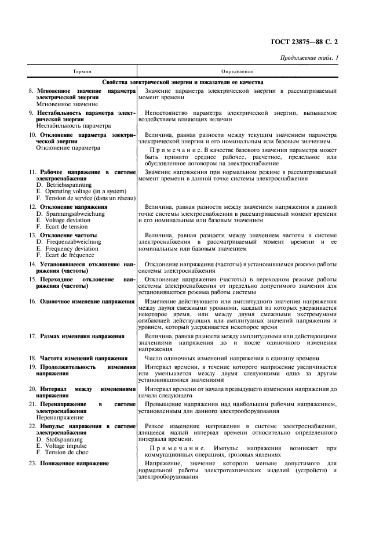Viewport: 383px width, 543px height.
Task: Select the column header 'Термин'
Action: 81,71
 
